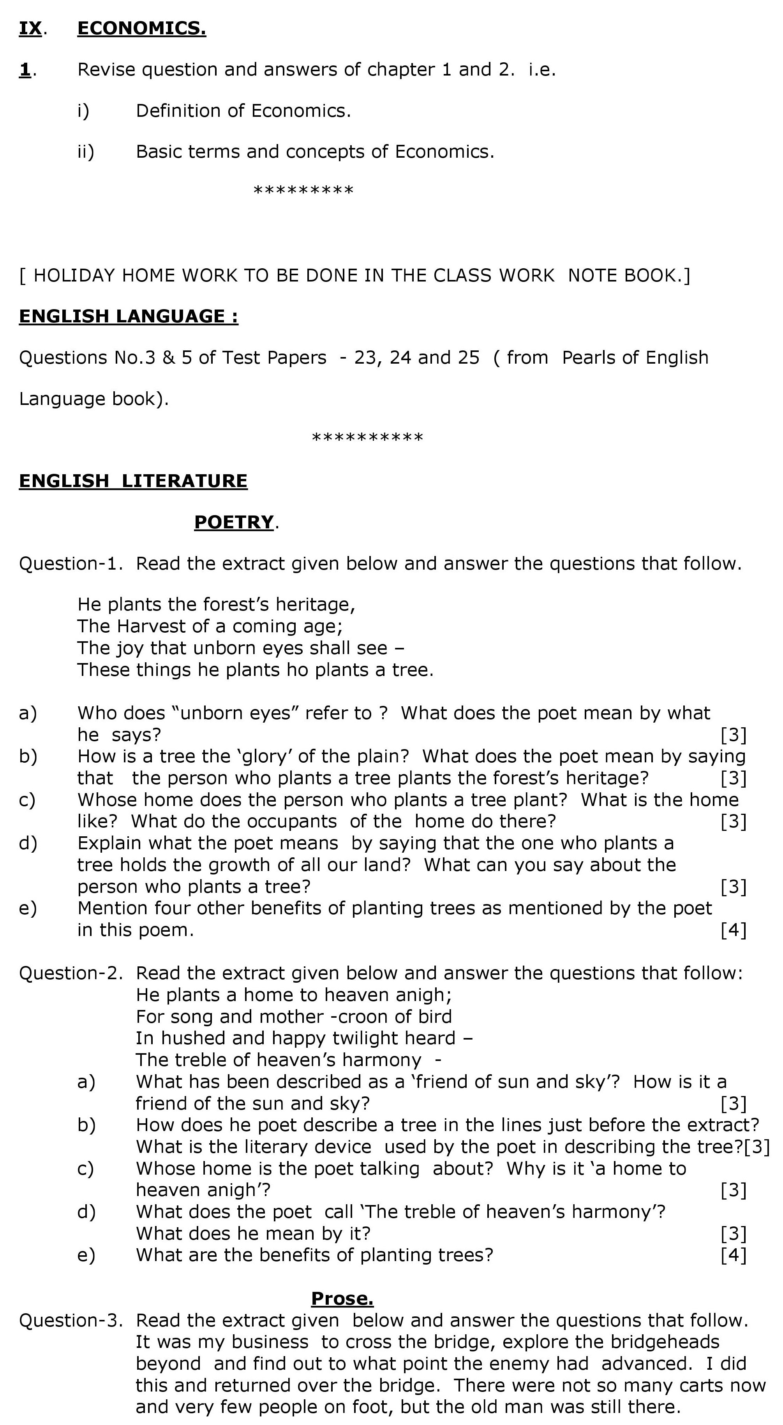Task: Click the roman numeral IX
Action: [x=30, y=28]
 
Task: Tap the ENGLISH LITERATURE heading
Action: [x=133, y=481]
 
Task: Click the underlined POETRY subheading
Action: [x=233, y=522]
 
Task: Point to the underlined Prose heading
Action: [x=342, y=1298]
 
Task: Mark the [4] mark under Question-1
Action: [x=733, y=930]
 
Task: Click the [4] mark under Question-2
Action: [x=733, y=1255]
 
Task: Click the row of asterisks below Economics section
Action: [x=303, y=191]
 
